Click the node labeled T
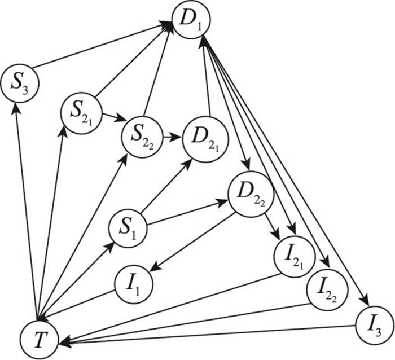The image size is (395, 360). click(38, 339)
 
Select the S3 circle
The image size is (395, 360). click(19, 84)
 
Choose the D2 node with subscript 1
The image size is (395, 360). click(200, 139)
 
